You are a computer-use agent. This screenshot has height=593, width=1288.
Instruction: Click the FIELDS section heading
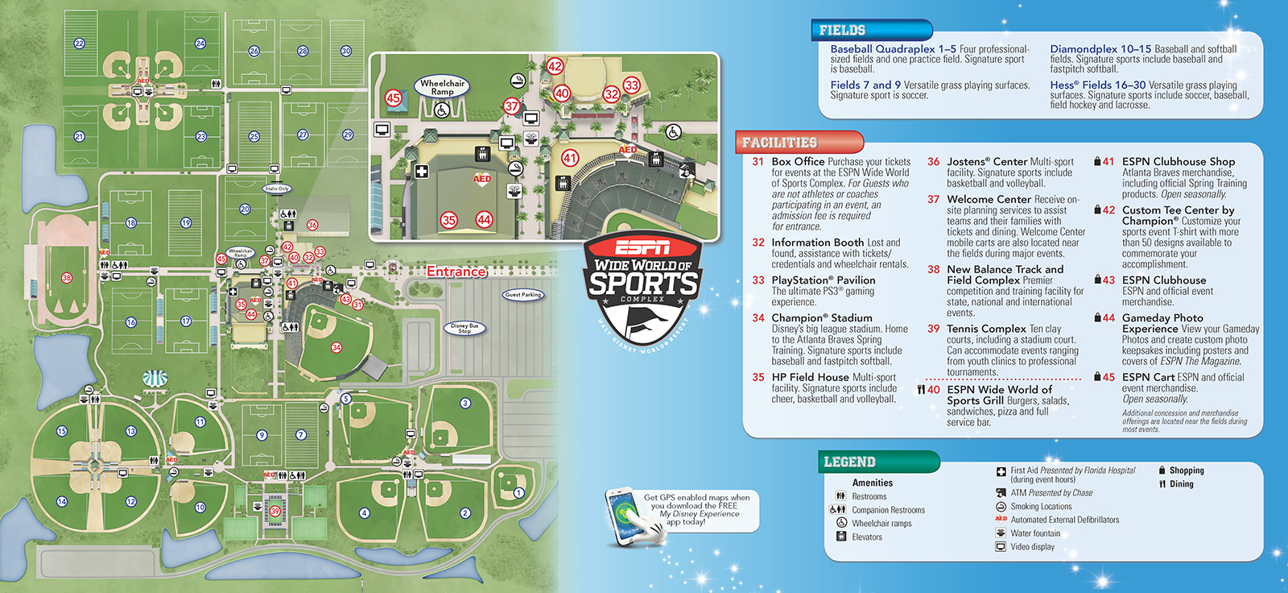842,31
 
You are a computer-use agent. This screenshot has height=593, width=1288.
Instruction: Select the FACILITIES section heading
779,143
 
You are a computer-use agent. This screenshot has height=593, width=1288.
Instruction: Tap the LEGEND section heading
849,462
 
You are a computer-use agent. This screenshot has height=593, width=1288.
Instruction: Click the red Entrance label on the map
456,272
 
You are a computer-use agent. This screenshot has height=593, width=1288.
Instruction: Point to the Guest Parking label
522,295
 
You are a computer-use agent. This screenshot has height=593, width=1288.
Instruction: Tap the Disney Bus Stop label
464,329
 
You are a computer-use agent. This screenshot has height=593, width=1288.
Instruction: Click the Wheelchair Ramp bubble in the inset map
442,87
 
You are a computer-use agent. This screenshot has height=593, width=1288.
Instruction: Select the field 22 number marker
79,44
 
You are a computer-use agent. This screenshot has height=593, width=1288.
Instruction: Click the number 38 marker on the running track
66,278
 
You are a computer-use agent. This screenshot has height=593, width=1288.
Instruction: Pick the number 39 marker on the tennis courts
275,511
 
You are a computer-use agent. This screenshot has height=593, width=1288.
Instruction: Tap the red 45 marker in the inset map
393,98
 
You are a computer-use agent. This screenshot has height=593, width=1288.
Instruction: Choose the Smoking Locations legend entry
1041,507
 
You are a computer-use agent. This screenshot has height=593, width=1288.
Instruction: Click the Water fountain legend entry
1035,533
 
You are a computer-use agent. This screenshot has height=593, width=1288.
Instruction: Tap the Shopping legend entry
1187,471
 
